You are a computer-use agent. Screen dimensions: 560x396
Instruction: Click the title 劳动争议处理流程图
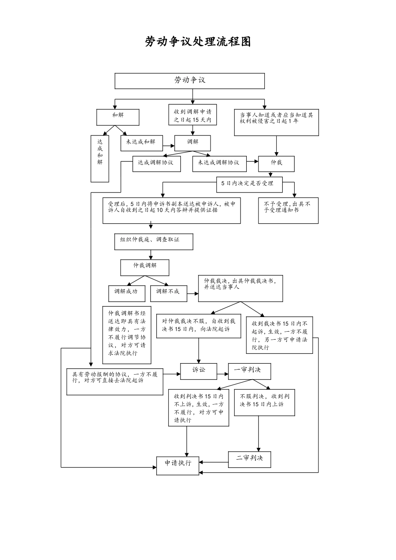tap(198, 42)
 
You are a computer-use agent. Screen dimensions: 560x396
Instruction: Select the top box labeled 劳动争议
tap(190, 81)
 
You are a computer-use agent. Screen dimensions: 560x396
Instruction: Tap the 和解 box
tap(118, 117)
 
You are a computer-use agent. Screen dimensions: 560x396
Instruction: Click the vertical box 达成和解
tap(100, 158)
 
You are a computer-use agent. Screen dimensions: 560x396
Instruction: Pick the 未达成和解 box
tap(141, 142)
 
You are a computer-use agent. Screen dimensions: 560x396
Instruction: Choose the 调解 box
tap(193, 143)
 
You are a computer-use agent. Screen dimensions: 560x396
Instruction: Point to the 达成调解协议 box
tap(157, 163)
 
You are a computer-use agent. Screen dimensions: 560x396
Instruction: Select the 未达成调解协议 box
tap(219, 163)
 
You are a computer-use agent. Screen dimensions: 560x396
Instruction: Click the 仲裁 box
tap(276, 163)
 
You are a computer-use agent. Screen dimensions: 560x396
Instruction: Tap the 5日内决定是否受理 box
tap(249, 184)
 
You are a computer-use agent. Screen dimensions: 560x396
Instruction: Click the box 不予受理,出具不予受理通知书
tap(288, 210)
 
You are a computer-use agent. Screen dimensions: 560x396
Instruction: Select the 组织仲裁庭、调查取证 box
tap(153, 242)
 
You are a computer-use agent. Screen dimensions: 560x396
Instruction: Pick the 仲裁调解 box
tap(145, 267)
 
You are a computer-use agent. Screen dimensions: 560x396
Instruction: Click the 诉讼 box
tap(198, 371)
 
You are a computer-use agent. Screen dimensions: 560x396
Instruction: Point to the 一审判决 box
tap(249, 371)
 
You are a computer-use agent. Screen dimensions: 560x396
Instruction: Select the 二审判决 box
tap(249, 459)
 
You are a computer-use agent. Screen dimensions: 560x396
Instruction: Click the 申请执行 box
tap(178, 465)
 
